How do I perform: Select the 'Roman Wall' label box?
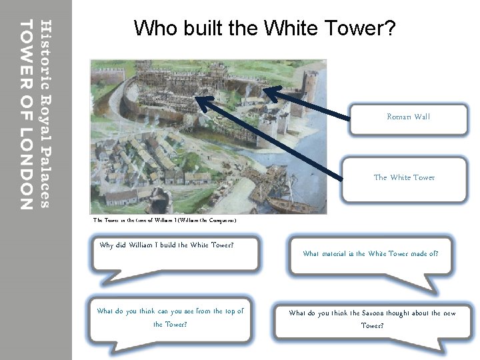tap(408, 118)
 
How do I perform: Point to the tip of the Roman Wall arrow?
tap(263, 89)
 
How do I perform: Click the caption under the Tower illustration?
tap(164, 220)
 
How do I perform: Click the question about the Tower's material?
tap(370, 254)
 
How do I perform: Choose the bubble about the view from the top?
tap(170, 318)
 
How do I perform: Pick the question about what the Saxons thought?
tap(372, 319)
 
